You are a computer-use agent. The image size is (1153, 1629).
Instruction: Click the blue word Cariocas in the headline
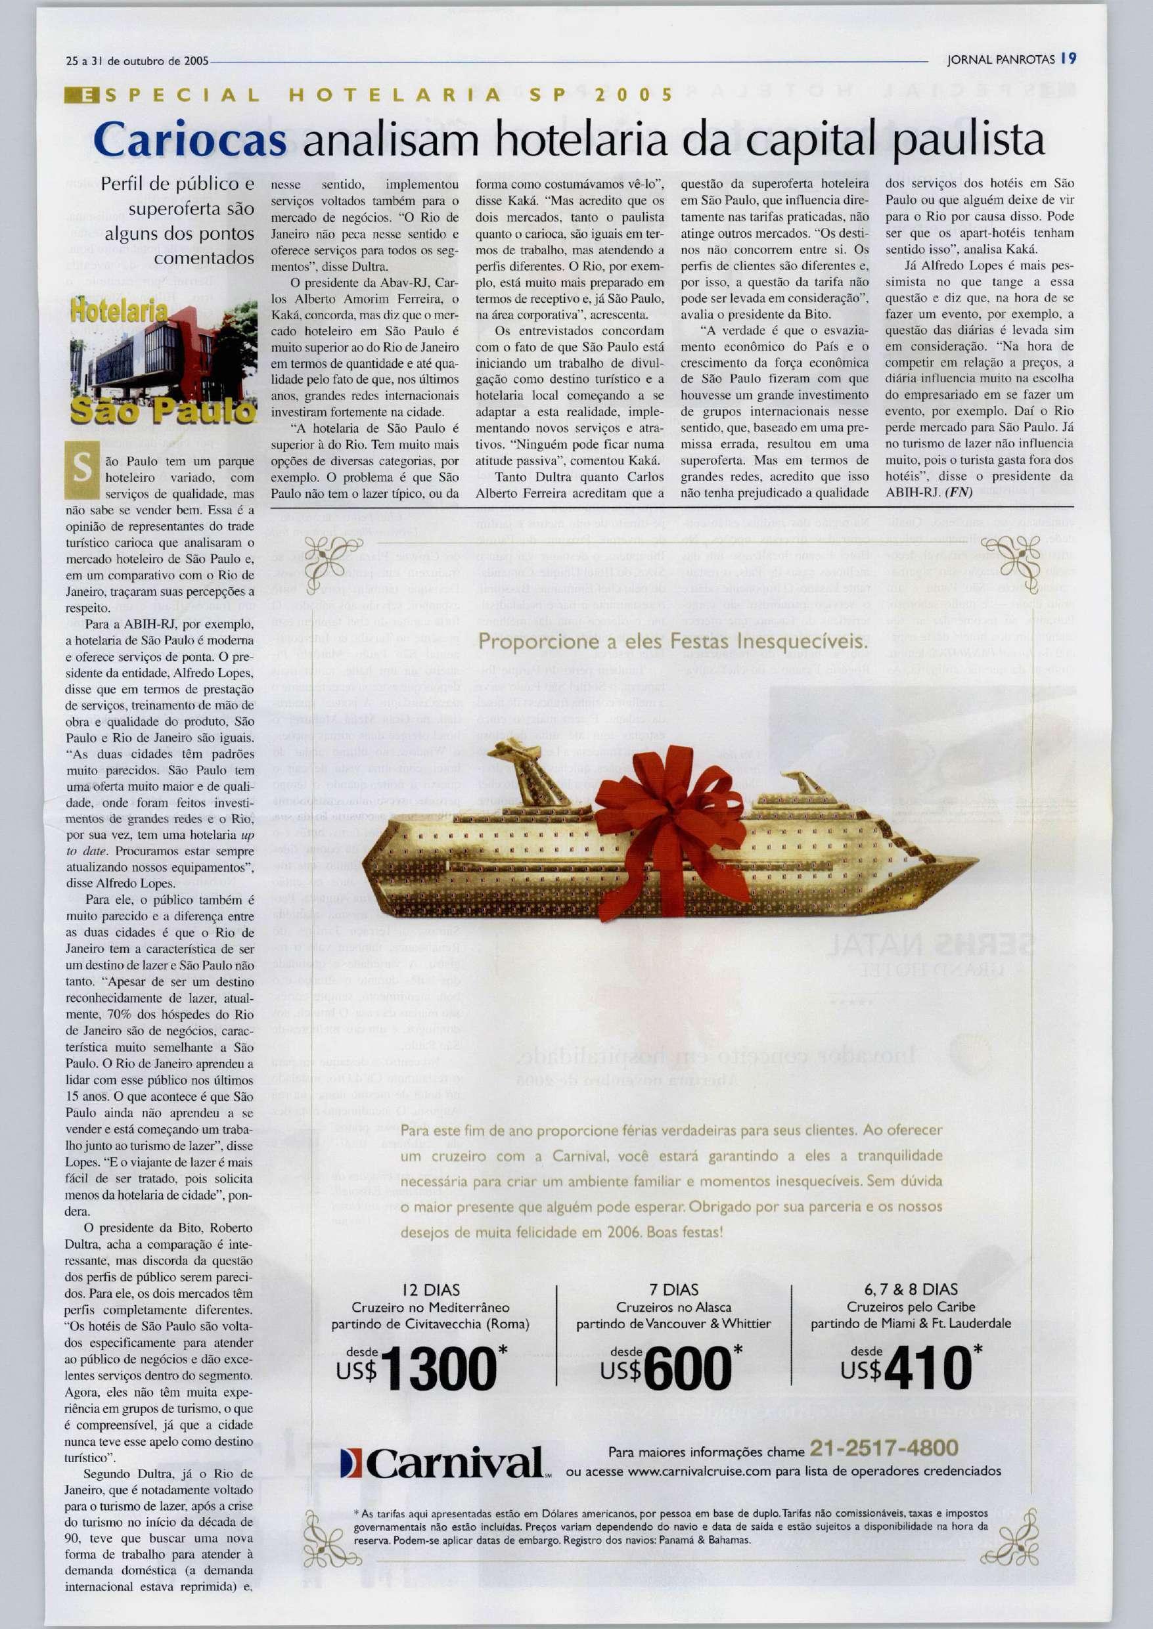[x=191, y=141]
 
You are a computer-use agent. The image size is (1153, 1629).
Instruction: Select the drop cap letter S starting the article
[x=82, y=469]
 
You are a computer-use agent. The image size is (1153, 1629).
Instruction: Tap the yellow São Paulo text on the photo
[x=164, y=411]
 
